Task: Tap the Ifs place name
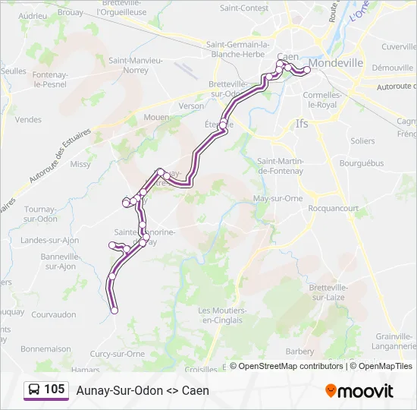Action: pyautogui.click(x=303, y=123)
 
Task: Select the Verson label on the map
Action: pyautogui.click(x=191, y=106)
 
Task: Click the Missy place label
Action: pyautogui.click(x=80, y=164)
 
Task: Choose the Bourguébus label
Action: pyautogui.click(x=362, y=162)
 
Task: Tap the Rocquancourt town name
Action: pyautogui.click(x=337, y=207)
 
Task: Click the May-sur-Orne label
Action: pyautogui.click(x=277, y=198)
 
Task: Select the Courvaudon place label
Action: pyautogui.click(x=54, y=314)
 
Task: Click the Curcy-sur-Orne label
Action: pyautogui.click(x=118, y=353)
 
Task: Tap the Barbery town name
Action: pyautogui.click(x=299, y=352)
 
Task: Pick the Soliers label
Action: pyautogui.click(x=362, y=141)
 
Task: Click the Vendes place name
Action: pyautogui.click(x=28, y=119)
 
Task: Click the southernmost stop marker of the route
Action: pyautogui.click(x=114, y=311)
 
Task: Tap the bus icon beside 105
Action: pyautogui.click(x=33, y=390)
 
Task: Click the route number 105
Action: pyautogui.click(x=55, y=390)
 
